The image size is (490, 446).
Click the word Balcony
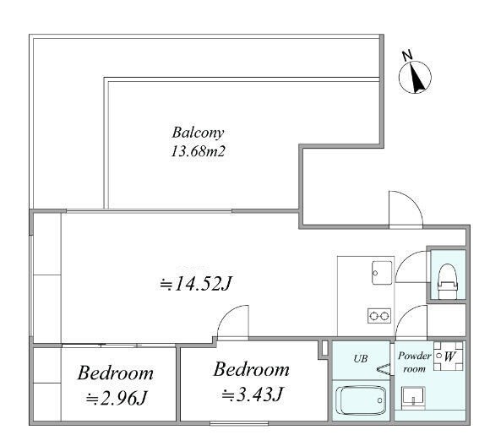point(199,133)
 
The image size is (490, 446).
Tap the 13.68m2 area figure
point(199,151)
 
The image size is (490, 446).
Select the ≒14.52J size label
point(195,284)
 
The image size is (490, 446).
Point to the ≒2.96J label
point(116,399)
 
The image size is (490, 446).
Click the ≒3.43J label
point(253,394)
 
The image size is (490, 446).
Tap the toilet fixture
point(448,281)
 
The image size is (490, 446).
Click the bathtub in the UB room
point(361,400)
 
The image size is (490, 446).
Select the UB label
point(361,358)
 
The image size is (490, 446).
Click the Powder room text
point(414,362)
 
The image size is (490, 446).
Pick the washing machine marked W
point(448,356)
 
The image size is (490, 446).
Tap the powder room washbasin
point(413,397)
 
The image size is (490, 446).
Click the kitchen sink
point(382,273)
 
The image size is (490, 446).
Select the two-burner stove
point(379,316)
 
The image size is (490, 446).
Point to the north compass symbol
point(415,78)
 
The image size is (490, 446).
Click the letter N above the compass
point(407,56)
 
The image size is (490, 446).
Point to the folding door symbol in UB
point(384,369)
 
